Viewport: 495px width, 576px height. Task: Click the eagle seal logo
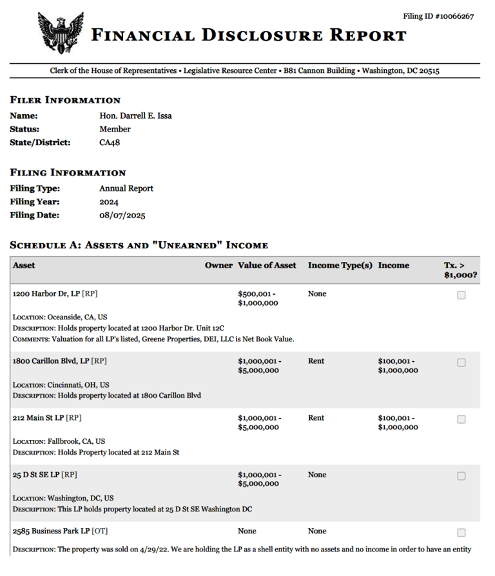[x=61, y=33]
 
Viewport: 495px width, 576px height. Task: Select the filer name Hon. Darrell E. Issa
[x=135, y=116]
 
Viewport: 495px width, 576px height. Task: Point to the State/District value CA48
[x=110, y=143]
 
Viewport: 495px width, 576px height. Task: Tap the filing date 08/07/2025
[x=122, y=215]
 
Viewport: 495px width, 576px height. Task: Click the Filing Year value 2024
[x=109, y=202]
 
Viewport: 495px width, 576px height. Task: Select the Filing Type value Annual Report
[x=126, y=188]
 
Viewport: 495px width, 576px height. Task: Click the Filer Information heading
[x=65, y=100]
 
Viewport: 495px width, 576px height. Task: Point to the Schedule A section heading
[x=139, y=245]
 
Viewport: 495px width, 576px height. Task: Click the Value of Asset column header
[x=267, y=266]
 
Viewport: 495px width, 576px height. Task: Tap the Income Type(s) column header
[x=340, y=266]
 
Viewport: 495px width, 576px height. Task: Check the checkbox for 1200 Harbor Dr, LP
[x=461, y=295]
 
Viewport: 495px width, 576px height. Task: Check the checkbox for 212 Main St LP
[x=461, y=419]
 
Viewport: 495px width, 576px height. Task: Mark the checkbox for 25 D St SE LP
[x=461, y=476]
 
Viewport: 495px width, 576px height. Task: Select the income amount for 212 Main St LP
[x=398, y=422]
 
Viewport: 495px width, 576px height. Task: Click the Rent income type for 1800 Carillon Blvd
[x=316, y=361]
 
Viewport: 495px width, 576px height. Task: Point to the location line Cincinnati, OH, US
[x=61, y=384]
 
